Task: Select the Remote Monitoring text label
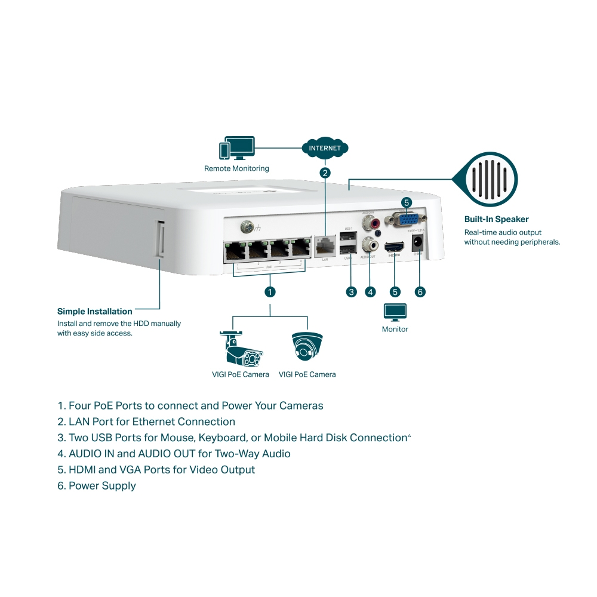pyautogui.click(x=236, y=169)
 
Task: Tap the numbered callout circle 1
pyautogui.click(x=270, y=292)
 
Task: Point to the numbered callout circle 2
pyautogui.click(x=325, y=173)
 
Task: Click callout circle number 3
pyautogui.click(x=351, y=292)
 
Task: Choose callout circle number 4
pyautogui.click(x=371, y=292)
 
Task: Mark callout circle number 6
pyautogui.click(x=420, y=292)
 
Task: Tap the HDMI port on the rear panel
pyautogui.click(x=394, y=247)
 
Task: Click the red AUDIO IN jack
pyautogui.click(x=376, y=223)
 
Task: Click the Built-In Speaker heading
pyautogui.click(x=496, y=219)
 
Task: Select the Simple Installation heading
pyautogui.click(x=94, y=311)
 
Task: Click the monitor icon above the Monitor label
pyautogui.click(x=395, y=312)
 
